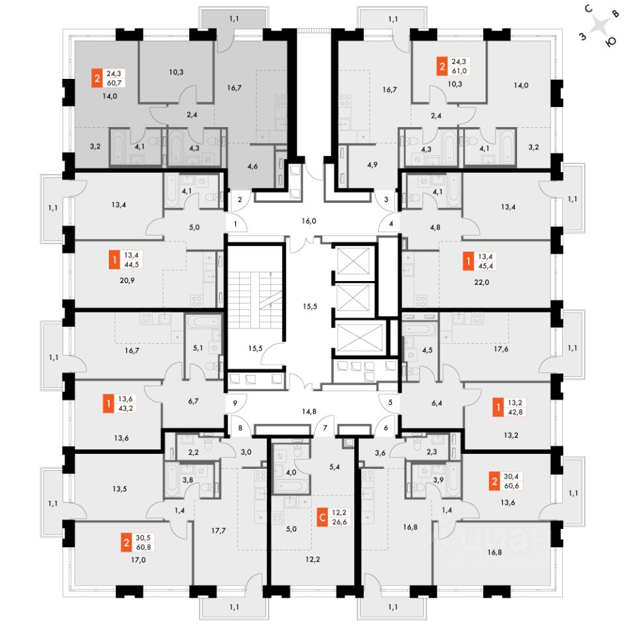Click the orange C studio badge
pyautogui.click(x=322, y=517)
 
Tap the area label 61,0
pyautogui.click(x=459, y=71)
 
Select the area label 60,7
pyautogui.click(x=113, y=83)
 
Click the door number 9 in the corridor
pyautogui.click(x=235, y=403)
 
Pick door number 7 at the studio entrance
pyautogui.click(x=325, y=428)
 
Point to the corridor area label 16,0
pyautogui.click(x=308, y=221)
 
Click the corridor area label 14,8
pyautogui.click(x=309, y=411)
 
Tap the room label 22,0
pyautogui.click(x=481, y=282)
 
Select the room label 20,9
pyautogui.click(x=127, y=280)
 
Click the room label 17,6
pyautogui.click(x=501, y=349)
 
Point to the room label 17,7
pyautogui.click(x=218, y=531)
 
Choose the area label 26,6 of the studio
pyautogui.click(x=339, y=522)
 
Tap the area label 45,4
pyautogui.click(x=485, y=266)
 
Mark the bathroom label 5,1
pyautogui.click(x=198, y=348)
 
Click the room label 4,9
pyautogui.click(x=372, y=164)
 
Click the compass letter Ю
pyautogui.click(x=611, y=42)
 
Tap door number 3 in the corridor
pyautogui.click(x=386, y=200)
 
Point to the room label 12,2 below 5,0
pyautogui.click(x=312, y=559)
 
